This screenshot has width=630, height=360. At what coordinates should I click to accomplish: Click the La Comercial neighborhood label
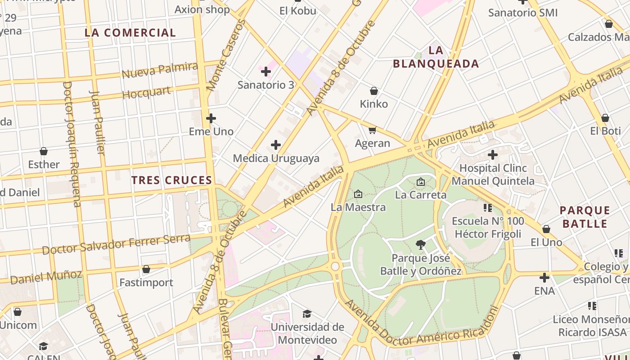pyautogui.click(x=130, y=32)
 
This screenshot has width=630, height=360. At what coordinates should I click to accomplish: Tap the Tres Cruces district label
pyautogui.click(x=171, y=180)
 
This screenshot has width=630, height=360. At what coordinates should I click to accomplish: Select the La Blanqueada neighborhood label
pyautogui.click(x=436, y=57)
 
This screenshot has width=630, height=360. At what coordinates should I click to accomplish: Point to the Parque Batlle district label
pyautogui.click(x=585, y=217)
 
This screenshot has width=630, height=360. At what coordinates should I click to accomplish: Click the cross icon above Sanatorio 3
pyautogui.click(x=266, y=71)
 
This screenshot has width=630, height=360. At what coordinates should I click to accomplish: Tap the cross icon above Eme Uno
pyautogui.click(x=211, y=118)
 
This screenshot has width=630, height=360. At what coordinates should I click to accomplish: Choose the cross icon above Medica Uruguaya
pyautogui.click(x=276, y=145)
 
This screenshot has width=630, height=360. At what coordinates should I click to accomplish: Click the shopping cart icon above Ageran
pyautogui.click(x=372, y=130)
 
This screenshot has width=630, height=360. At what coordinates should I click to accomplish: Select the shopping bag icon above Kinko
pyautogui.click(x=373, y=91)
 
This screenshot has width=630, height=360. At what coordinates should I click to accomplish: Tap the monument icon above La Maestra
pyautogui.click(x=358, y=194)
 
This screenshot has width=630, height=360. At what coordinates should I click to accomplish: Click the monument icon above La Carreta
pyautogui.click(x=421, y=182)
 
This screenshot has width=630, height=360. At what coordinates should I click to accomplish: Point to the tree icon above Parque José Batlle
pyautogui.click(x=421, y=245)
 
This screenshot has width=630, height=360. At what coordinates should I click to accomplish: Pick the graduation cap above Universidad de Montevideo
pyautogui.click(x=307, y=314)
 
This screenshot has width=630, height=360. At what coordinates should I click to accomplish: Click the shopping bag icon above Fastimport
pyautogui.click(x=146, y=270)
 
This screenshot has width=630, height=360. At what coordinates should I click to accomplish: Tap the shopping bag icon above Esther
pyautogui.click(x=44, y=151)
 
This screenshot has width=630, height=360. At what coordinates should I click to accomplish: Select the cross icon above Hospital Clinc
pyautogui.click(x=493, y=155)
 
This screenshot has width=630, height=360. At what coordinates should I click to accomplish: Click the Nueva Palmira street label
pyautogui.click(x=160, y=70)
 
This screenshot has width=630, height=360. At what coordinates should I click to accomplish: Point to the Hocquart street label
pyautogui.click(x=147, y=93)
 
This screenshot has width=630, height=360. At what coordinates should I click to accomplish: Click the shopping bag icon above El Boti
pyautogui.click(x=605, y=118)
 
